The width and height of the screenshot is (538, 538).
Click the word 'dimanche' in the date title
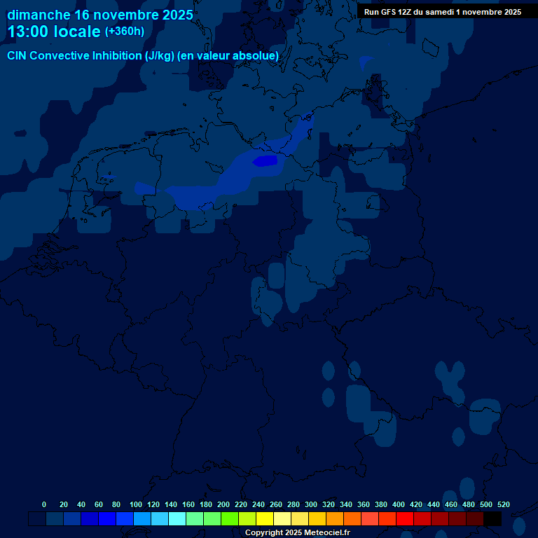[39, 15]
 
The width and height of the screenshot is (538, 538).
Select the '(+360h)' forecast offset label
[125, 32]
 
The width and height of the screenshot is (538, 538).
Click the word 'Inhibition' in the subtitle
[116, 56]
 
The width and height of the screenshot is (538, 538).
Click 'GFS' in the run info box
[389, 12]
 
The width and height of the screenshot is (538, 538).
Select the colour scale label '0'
[44, 504]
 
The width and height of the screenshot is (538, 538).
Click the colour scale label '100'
[136, 504]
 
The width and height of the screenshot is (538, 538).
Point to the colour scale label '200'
[223, 504]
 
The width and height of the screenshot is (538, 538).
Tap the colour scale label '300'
[311, 504]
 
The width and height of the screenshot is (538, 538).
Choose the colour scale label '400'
[399, 504]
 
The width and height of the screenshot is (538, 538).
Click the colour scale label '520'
[503, 504]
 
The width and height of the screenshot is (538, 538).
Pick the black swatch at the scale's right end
[492, 519]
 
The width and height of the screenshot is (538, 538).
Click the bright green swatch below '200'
[230, 519]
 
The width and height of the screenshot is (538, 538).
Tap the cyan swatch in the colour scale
[177, 519]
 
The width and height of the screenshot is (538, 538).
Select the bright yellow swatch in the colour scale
[265, 519]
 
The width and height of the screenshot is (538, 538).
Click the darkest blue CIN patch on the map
[265, 161]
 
